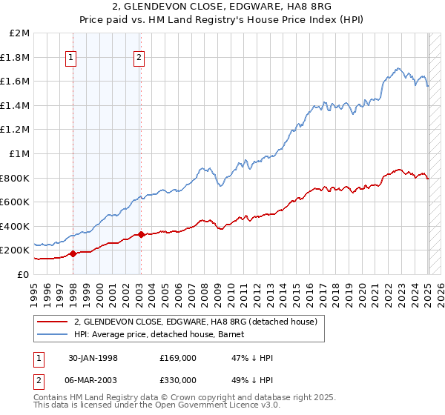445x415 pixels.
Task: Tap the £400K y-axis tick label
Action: [x=15, y=226]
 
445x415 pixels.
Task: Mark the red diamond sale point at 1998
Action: [x=73, y=253]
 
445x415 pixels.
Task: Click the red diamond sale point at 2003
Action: [x=141, y=235]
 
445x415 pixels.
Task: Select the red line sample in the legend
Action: [x=53, y=322]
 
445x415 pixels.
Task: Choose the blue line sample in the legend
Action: [x=53, y=334]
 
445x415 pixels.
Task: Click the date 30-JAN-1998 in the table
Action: [x=93, y=358]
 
